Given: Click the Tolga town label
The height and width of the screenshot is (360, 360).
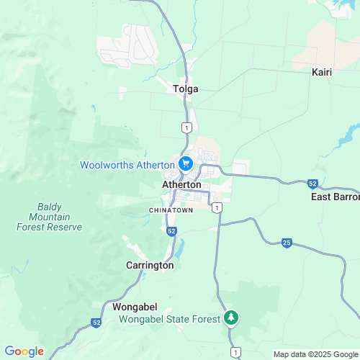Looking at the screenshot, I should tap(185, 89).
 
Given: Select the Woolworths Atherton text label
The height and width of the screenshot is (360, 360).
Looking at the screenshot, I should tap(127, 165).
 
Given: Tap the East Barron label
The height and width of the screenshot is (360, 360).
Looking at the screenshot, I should tap(335, 197).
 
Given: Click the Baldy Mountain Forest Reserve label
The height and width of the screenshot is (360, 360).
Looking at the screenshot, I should tap(50, 217).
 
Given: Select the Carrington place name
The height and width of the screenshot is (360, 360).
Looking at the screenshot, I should tap(150, 265).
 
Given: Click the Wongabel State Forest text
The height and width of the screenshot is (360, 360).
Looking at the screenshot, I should tap(176, 318).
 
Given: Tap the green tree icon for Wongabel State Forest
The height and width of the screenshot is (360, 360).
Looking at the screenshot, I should tap(230, 317).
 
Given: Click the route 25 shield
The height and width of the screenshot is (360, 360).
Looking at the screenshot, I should tap(287, 243).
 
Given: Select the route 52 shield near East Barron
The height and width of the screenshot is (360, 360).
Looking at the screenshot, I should tap(312, 184).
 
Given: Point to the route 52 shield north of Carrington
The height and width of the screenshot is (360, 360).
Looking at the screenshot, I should tap(171, 232).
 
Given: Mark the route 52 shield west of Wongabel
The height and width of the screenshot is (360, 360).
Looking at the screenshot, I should tap(96, 323).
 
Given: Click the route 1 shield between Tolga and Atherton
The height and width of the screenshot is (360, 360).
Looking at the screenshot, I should tap(186, 127).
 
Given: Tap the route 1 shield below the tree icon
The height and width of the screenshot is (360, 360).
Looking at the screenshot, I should tap(235, 351).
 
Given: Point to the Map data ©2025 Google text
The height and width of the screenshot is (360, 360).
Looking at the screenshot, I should tap(315, 354).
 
